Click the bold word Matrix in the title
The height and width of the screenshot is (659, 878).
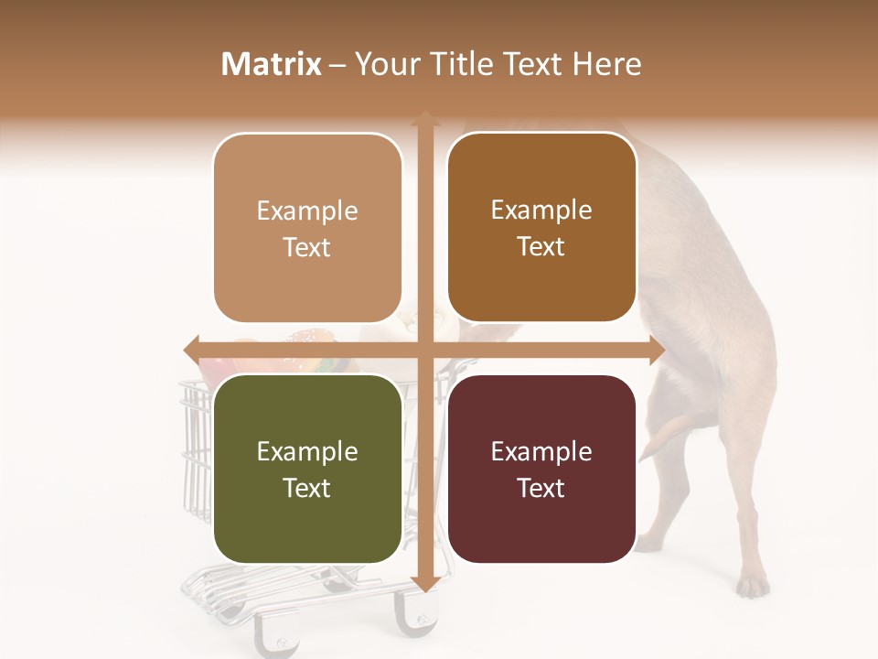tap(272, 64)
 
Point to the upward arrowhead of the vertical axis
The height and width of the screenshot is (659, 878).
tap(424, 120)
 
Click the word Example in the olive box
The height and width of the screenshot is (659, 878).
tap(307, 452)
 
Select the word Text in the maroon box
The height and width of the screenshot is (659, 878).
tap(541, 488)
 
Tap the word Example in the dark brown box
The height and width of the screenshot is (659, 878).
tap(541, 211)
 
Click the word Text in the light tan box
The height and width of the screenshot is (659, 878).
tap(307, 247)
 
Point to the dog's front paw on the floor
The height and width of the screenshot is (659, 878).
tap(752, 584)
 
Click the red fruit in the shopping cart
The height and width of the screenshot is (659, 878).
tap(212, 370)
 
